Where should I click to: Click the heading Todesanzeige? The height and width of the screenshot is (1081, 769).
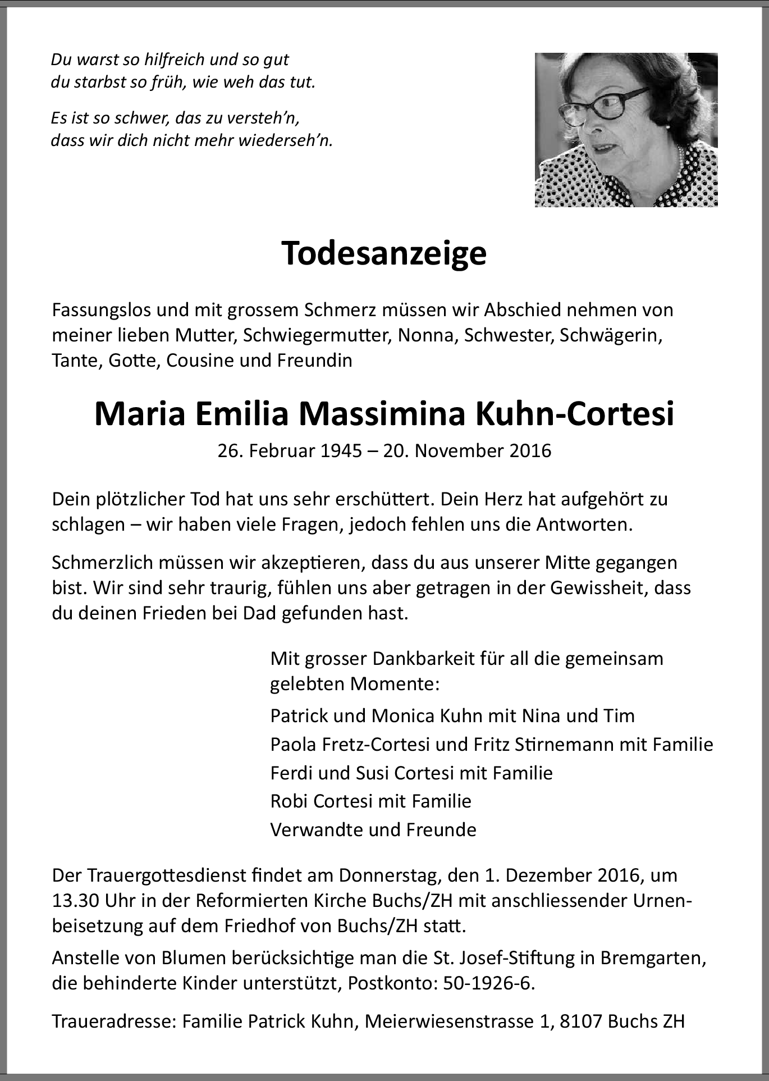(x=384, y=254)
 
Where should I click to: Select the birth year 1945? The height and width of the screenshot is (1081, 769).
(x=341, y=450)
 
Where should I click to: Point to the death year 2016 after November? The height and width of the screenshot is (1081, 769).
(x=530, y=450)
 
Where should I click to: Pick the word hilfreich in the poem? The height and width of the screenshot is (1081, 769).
(x=172, y=60)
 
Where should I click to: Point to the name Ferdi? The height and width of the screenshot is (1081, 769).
(x=292, y=773)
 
